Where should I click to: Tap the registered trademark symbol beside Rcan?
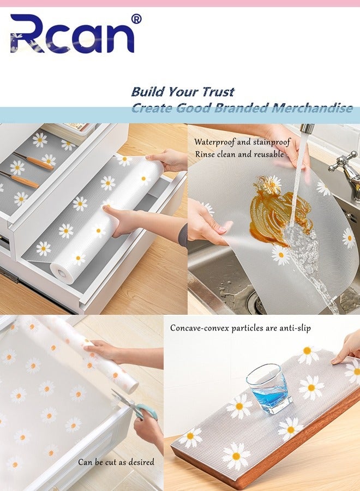pos(136,19)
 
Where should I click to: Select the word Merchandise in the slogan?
pos(312,107)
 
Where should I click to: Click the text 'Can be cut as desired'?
pos(116,462)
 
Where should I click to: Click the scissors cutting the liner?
pos(131,404)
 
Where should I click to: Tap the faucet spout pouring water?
pos(307,129)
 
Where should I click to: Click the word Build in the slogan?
pos(147,91)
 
